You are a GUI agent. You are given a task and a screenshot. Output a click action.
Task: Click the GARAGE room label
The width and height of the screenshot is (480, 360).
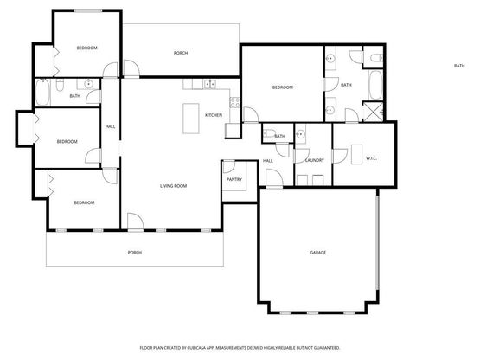[317, 253]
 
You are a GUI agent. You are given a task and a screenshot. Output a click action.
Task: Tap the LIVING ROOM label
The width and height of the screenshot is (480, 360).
[173, 186]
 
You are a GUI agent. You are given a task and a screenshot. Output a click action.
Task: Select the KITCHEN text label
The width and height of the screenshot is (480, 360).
[214, 115]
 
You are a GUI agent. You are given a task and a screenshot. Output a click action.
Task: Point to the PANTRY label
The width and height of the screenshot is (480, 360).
[234, 179]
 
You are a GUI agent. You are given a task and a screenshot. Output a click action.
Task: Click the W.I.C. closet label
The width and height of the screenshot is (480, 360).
[371, 158]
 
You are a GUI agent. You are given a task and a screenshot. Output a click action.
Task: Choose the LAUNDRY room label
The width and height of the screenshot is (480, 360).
[315, 160]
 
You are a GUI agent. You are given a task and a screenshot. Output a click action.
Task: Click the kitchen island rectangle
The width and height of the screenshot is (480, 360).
[191, 119]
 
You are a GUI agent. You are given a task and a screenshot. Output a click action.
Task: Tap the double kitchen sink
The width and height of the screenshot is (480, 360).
[209, 84]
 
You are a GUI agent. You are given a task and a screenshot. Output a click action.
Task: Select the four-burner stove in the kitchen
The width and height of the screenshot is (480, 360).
[234, 102]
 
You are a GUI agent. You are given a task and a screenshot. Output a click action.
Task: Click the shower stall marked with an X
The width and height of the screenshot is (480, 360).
[373, 112]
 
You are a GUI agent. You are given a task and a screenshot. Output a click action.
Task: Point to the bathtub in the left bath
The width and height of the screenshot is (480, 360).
[42, 93]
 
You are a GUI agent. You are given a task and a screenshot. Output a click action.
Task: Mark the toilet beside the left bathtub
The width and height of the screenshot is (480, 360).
[60, 85]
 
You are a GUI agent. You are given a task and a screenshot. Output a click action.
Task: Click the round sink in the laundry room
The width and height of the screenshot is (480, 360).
[301, 134]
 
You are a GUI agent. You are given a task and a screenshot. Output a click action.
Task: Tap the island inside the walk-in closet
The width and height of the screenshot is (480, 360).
[356, 154]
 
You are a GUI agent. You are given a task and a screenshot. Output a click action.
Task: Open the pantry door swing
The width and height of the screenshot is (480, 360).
[229, 167]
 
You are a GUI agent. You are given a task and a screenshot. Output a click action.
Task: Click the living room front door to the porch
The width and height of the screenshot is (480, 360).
[135, 222]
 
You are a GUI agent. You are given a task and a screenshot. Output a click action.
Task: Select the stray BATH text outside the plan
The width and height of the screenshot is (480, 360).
[459, 66]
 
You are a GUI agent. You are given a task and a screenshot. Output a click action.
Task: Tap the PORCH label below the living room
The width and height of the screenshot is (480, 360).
[135, 253]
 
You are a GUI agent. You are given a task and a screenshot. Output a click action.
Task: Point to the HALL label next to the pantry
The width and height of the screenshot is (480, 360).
[268, 161]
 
